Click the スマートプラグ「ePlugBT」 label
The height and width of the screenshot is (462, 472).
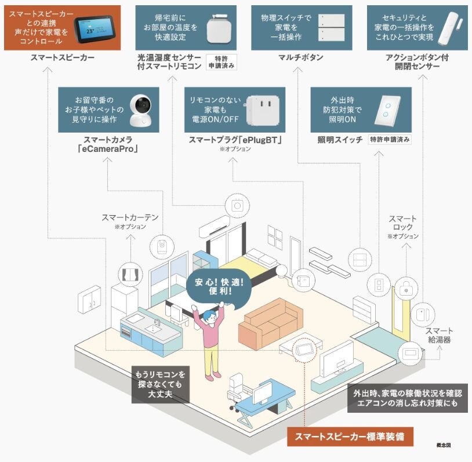click(235, 140)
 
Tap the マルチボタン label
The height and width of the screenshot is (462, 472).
click(301, 58)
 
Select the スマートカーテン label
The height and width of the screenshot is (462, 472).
click(130, 218)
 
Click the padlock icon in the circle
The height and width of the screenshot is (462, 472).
click(408, 286)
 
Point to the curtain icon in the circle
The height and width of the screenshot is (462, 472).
click(130, 274)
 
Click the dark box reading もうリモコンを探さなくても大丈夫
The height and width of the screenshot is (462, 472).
click(161, 384)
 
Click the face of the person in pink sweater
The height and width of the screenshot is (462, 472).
click(211, 317)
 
